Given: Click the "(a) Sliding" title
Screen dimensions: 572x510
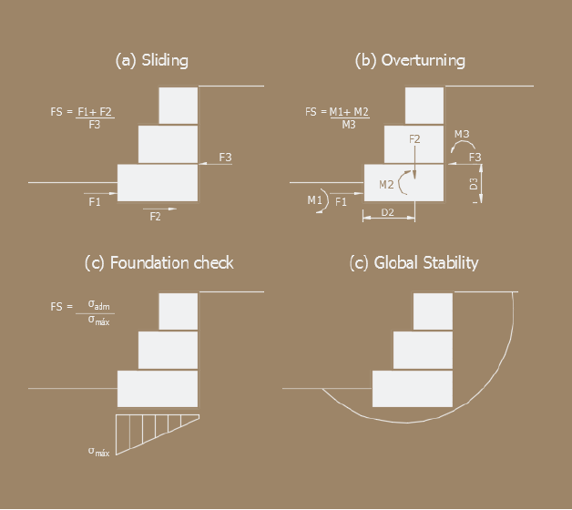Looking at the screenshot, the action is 152,60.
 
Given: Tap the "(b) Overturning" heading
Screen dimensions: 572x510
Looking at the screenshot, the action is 410,60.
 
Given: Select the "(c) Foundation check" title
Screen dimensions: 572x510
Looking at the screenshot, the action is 159,263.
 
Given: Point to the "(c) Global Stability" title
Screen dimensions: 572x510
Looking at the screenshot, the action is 414,263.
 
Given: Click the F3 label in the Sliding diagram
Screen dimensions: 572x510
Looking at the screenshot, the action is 225,158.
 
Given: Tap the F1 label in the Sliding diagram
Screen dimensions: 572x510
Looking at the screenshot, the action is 95,202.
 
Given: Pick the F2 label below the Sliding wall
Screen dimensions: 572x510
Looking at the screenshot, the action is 155,217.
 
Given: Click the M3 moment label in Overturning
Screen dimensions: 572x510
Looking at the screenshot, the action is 462,134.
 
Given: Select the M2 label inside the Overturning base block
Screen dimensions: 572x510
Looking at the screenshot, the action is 386,185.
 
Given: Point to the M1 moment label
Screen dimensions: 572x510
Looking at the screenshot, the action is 315,200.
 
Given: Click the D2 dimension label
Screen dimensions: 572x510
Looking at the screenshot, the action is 387,212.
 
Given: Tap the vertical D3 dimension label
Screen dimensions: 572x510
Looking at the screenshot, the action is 474,183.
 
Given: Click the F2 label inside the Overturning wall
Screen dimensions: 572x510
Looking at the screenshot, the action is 414,139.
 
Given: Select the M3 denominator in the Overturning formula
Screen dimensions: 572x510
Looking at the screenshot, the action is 349,125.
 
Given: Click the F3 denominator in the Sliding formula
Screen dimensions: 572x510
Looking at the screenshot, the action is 95,125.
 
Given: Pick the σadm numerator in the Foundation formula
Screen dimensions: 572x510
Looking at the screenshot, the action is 98,304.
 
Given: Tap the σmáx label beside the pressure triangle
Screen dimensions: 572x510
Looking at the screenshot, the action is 98,452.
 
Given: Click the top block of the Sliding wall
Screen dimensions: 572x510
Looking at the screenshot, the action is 179,106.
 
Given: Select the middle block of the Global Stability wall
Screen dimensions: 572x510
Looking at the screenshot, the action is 423,351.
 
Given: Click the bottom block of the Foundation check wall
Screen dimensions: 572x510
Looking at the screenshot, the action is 158,389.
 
